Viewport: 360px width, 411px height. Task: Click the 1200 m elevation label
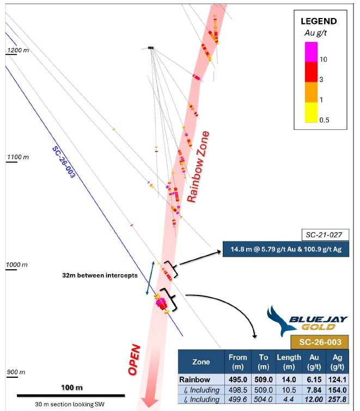click(18, 50)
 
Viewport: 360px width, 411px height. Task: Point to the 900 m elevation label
click(16, 372)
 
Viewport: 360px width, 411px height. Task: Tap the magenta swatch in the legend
click(311, 52)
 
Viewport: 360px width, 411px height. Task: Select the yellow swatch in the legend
click(311, 112)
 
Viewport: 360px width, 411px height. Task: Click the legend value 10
click(324, 59)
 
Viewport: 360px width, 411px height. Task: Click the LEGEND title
click(319, 21)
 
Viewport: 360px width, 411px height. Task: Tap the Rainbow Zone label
click(198, 167)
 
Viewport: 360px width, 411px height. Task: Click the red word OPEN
click(134, 359)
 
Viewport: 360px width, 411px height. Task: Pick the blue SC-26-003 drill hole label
click(64, 162)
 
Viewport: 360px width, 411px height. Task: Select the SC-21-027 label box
click(325, 234)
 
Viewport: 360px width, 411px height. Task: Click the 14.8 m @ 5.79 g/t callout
click(285, 249)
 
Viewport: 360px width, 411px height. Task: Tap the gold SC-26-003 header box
click(320, 342)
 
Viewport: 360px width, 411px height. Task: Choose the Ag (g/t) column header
click(337, 362)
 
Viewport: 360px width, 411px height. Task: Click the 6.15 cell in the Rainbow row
click(314, 379)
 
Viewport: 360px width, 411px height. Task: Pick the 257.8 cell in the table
click(337, 399)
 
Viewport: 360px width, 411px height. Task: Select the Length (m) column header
click(289, 362)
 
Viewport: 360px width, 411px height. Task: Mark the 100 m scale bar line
click(71, 396)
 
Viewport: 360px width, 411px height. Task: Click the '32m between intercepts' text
click(100, 275)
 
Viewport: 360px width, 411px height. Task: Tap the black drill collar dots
click(150, 48)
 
